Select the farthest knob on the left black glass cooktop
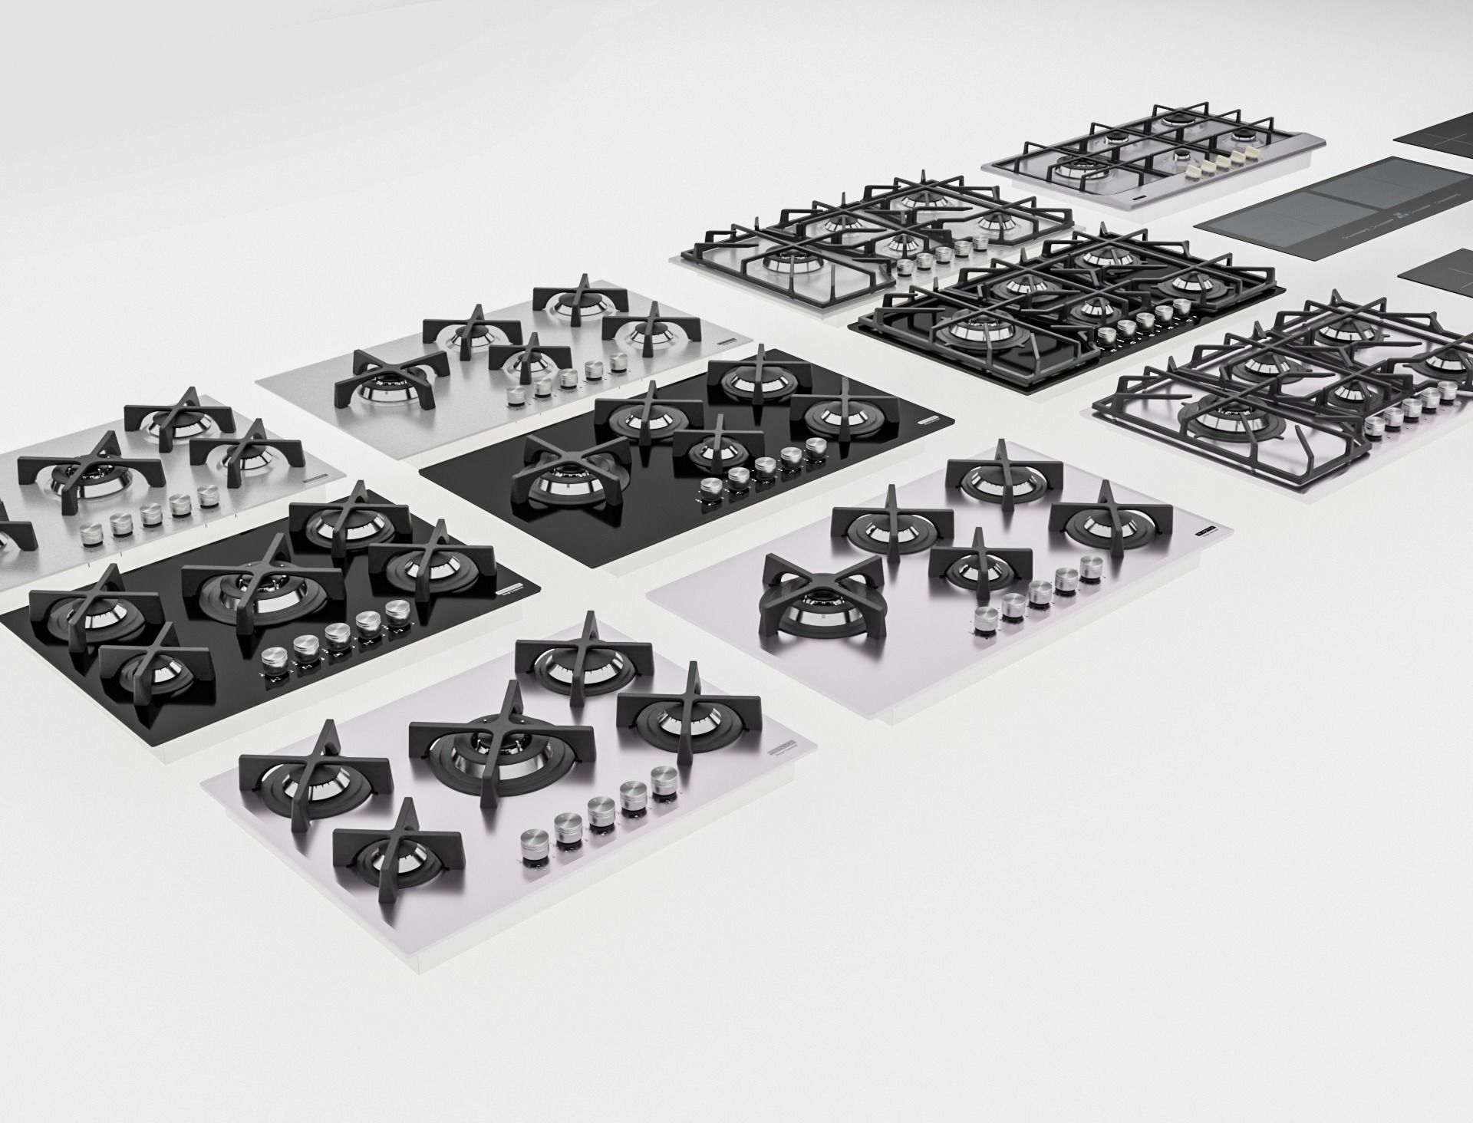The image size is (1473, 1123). pos(397,611)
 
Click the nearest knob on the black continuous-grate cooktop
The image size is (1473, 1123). pos(1107,335)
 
